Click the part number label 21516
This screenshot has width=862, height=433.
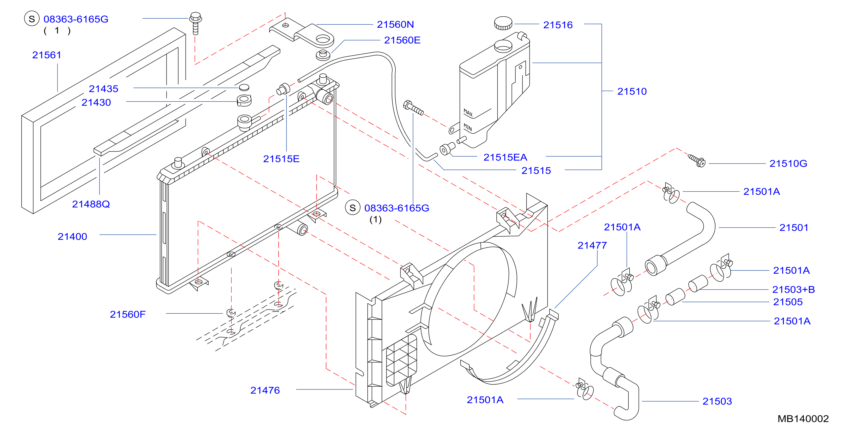[x=558, y=25]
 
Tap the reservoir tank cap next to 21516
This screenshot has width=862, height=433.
[x=503, y=23]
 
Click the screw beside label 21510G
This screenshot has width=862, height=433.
[x=697, y=160]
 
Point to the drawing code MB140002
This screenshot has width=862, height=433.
[x=803, y=419]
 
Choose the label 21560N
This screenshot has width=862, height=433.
[x=395, y=25]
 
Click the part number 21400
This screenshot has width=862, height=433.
[x=72, y=237]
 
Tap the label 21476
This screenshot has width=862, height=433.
[x=265, y=390]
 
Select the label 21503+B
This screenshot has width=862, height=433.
[x=793, y=289]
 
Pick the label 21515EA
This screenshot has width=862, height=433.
[x=505, y=157]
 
